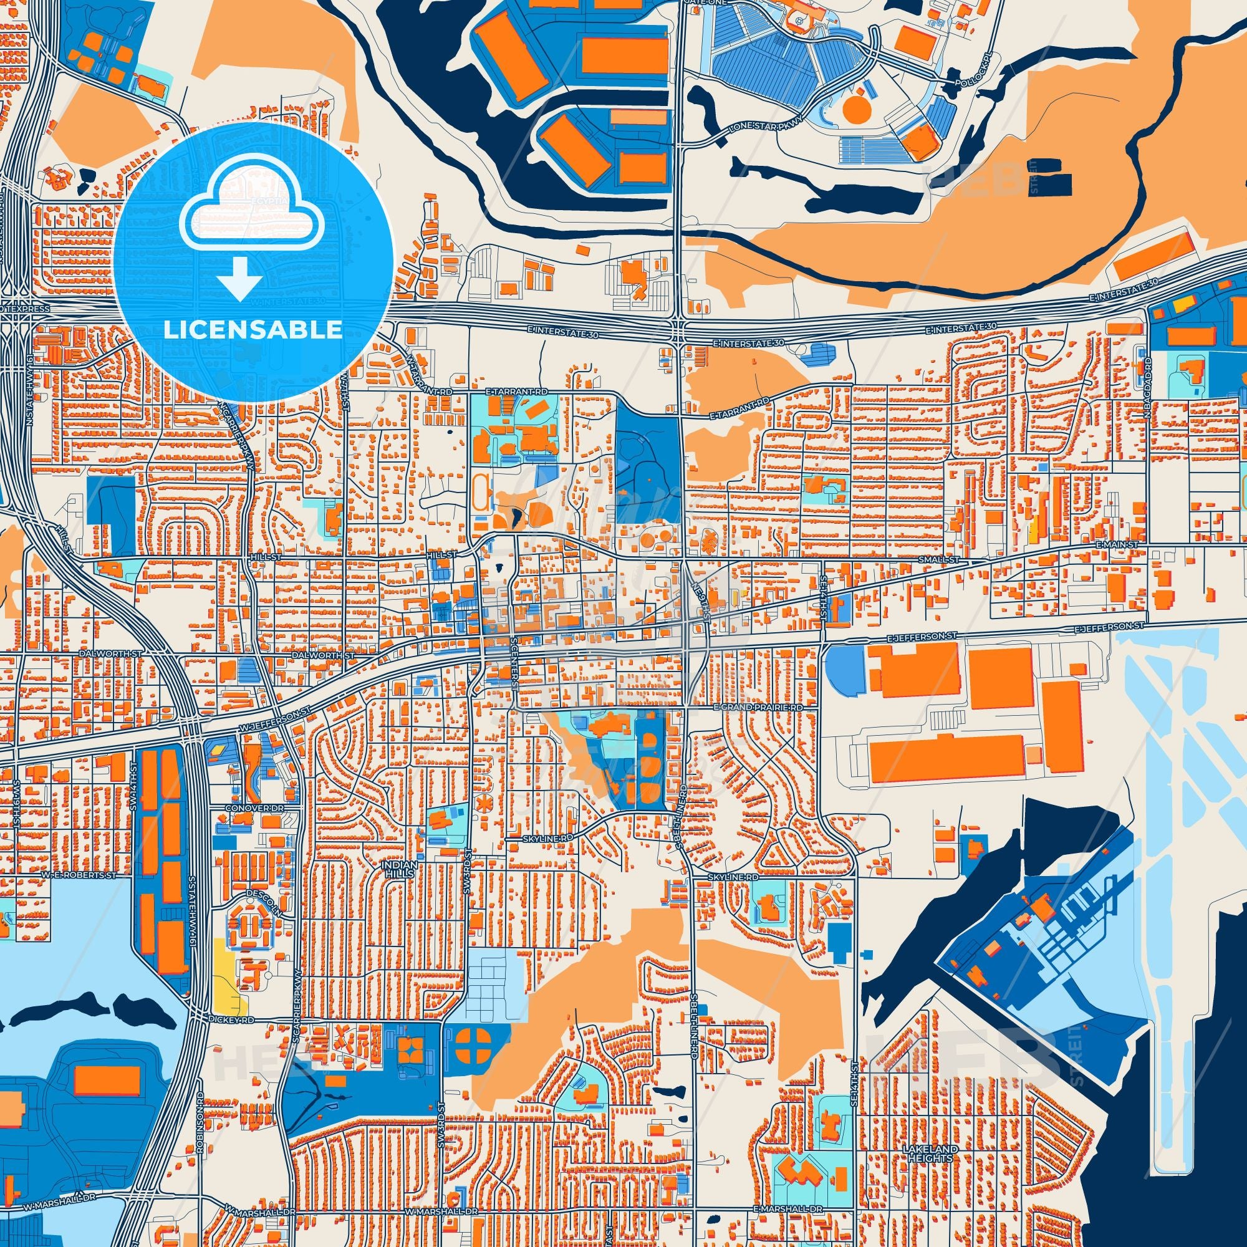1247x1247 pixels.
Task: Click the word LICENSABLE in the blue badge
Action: tap(253, 330)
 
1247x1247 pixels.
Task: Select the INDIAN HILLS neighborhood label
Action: tap(400, 869)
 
